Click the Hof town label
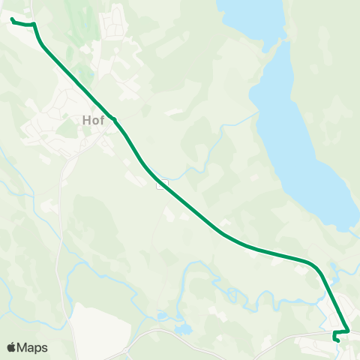pos(91,119)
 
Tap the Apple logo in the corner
pos(12,347)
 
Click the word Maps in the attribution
pos(33,347)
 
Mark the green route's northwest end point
pos(13,19)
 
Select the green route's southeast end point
pos(338,341)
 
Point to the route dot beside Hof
pos(113,118)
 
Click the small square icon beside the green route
pos(161,184)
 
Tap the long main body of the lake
pos(300,135)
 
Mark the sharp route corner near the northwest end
pos(34,25)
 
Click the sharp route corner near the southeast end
pos(349,331)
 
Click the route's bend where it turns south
pos(315,266)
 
